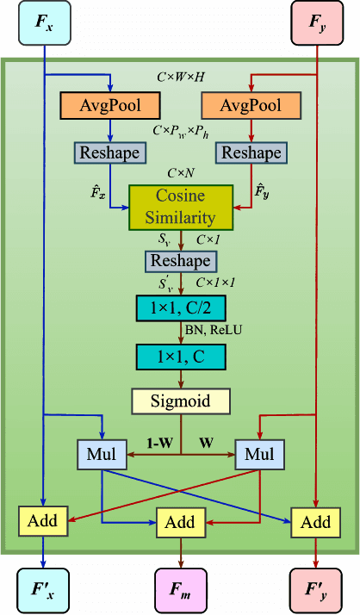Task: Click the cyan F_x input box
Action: pyautogui.click(x=43, y=23)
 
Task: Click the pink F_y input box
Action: pyautogui.click(x=319, y=23)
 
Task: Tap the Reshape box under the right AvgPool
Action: pyautogui.click(x=251, y=152)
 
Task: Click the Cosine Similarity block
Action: pyautogui.click(x=180, y=208)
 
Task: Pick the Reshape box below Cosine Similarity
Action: pyautogui.click(x=180, y=260)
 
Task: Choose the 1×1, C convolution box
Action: pyautogui.click(x=180, y=355)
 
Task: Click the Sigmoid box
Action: pyautogui.click(x=180, y=401)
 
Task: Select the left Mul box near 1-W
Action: pyautogui.click(x=101, y=454)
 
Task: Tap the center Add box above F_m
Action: pyautogui.click(x=180, y=522)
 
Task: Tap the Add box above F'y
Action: pyautogui.click(x=316, y=522)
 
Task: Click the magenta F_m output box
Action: pyautogui.click(x=180, y=590)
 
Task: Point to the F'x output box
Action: pyautogui.click(x=43, y=590)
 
